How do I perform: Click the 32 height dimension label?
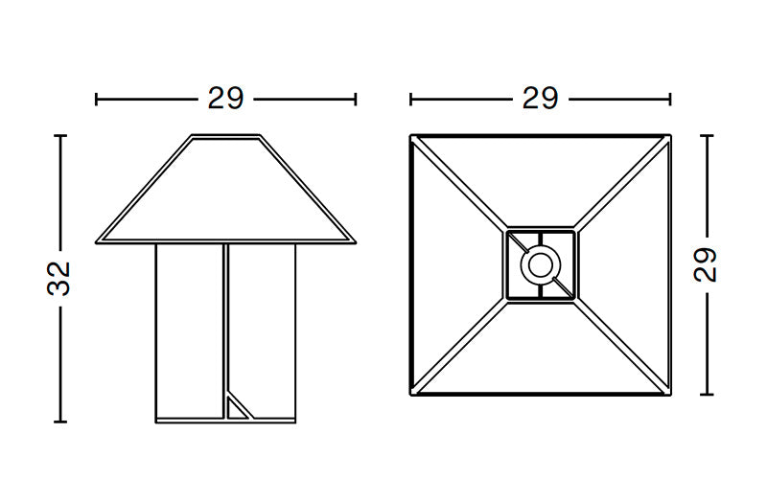pyautogui.click(x=59, y=278)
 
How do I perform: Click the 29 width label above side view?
pyautogui.click(x=225, y=99)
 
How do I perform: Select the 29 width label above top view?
pyautogui.click(x=540, y=99)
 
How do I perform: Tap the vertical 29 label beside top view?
pyautogui.click(x=707, y=265)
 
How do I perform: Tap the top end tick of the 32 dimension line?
pyautogui.click(x=60, y=136)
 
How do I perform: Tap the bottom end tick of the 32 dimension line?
pyautogui.click(x=60, y=421)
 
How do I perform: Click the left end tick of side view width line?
pyautogui.click(x=97, y=99)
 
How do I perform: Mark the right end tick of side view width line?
pyautogui.click(x=356, y=99)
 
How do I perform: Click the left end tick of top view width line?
pyautogui.click(x=410, y=99)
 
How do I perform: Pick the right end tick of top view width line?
pyautogui.click(x=670, y=99)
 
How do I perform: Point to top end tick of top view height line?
pyautogui.click(x=707, y=136)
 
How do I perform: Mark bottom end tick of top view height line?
pyautogui.click(x=707, y=394)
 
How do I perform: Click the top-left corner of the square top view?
pyautogui.click(x=411, y=136)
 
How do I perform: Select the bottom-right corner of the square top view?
pyautogui.click(x=669, y=394)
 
